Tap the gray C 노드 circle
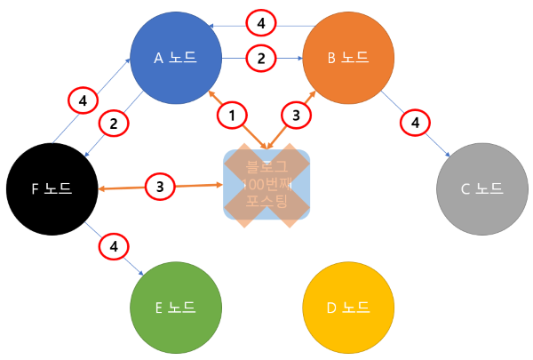coord(481,188)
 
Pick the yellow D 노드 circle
coord(347,308)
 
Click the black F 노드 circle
coord(51,188)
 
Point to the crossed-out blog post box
coord(266,183)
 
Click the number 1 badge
coord(232,115)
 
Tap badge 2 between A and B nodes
coord(260,59)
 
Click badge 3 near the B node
coord(296,115)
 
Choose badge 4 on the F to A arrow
coord(83,101)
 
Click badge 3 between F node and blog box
coord(159,187)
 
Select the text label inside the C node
coord(481,188)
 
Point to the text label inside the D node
coord(347,308)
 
